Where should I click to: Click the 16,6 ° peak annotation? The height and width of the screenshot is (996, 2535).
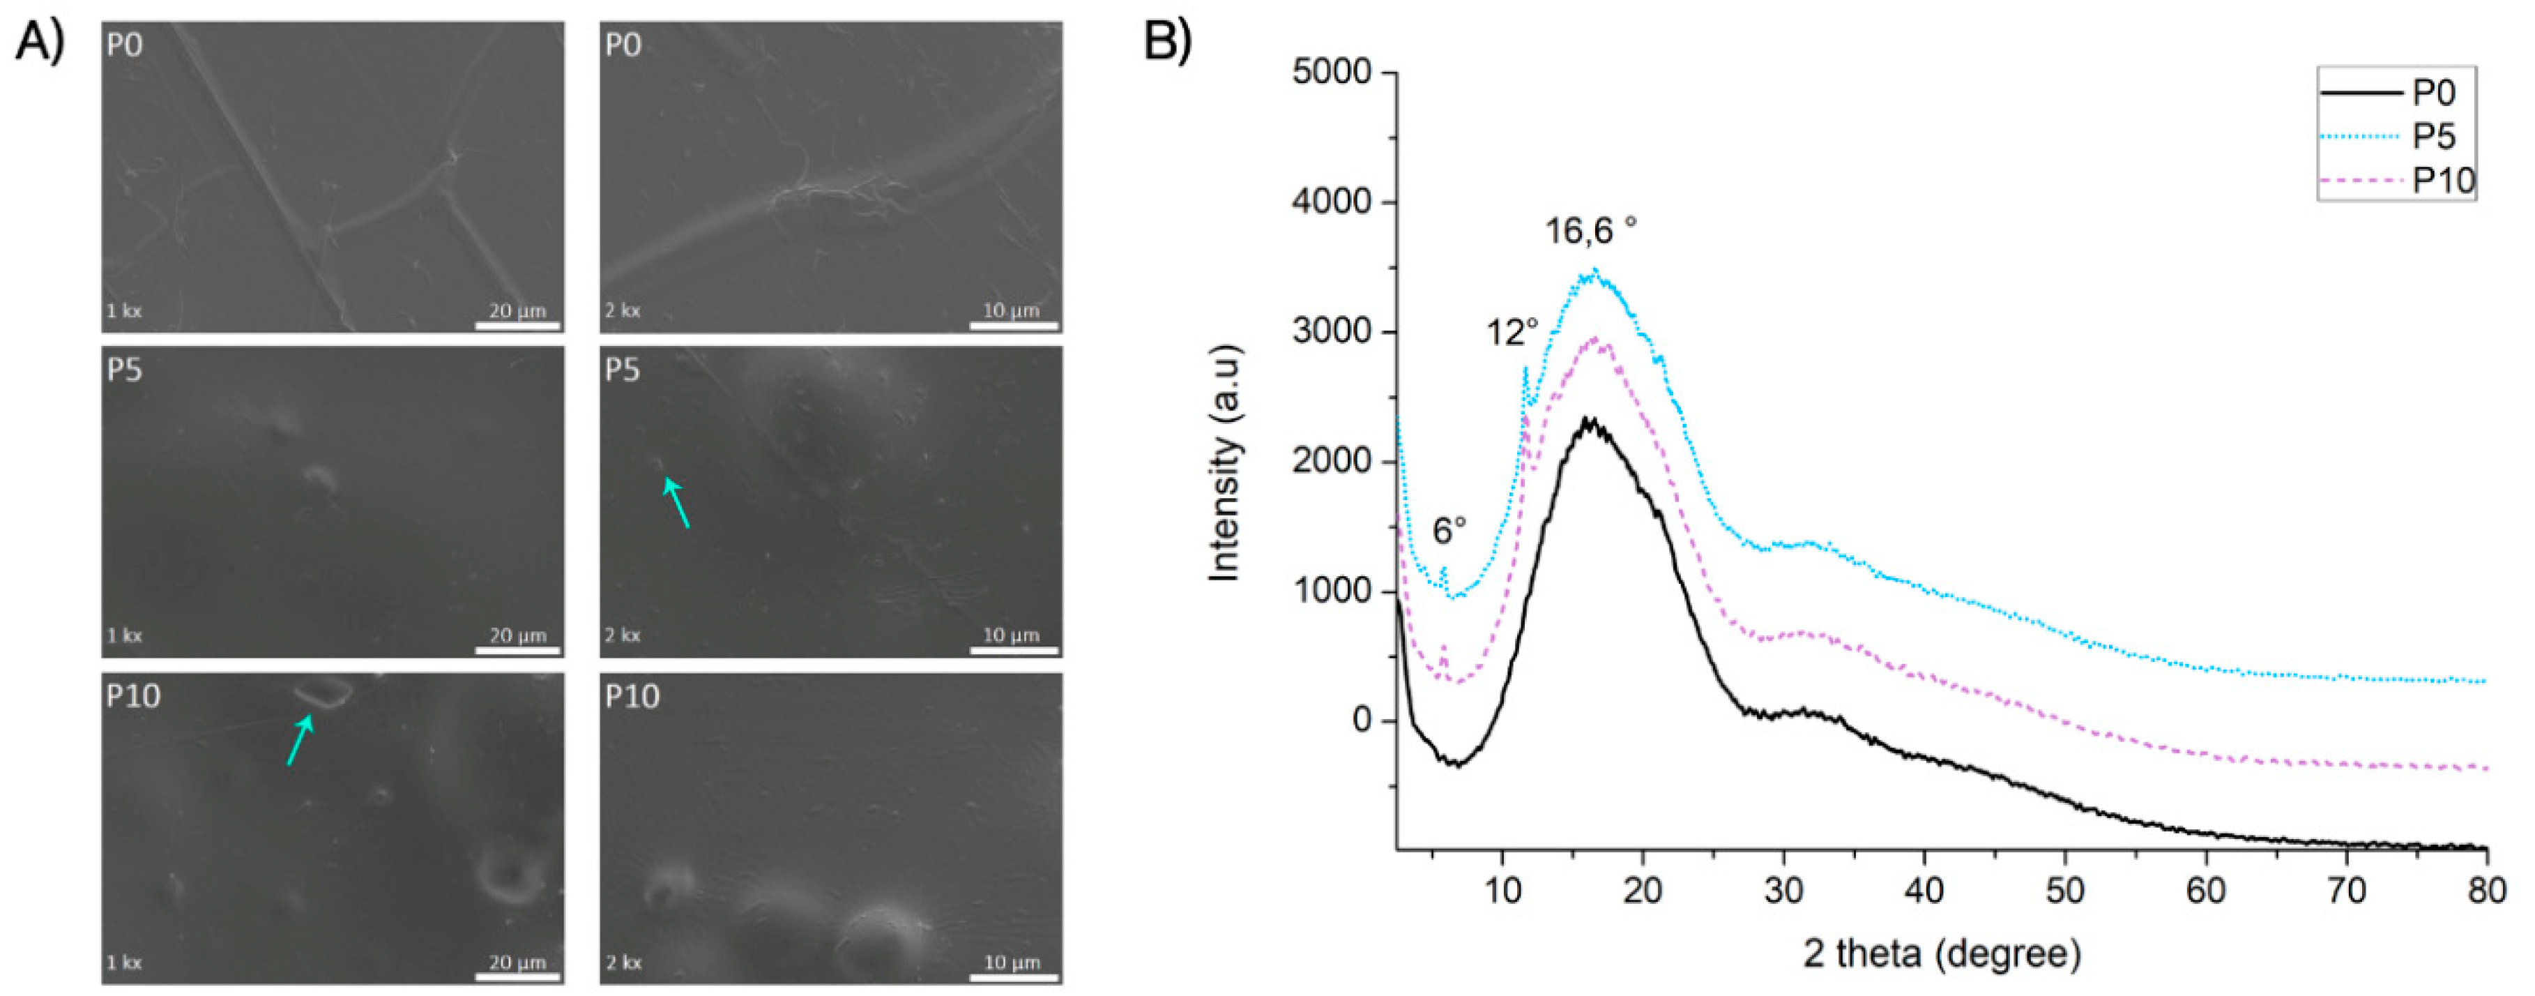[x=1590, y=232]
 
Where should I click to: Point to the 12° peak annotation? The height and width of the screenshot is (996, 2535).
[x=1512, y=333]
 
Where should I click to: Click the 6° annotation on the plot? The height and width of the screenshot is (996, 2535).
[x=1449, y=531]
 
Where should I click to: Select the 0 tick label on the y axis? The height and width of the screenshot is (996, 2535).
[x=1362, y=720]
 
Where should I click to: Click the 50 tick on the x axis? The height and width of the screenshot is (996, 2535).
[x=2064, y=890]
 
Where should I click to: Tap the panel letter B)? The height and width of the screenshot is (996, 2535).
[x=1167, y=40]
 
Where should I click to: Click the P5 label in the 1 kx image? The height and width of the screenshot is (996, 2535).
[x=125, y=370]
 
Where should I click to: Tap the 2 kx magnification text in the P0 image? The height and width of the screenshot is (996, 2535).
[x=622, y=311]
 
